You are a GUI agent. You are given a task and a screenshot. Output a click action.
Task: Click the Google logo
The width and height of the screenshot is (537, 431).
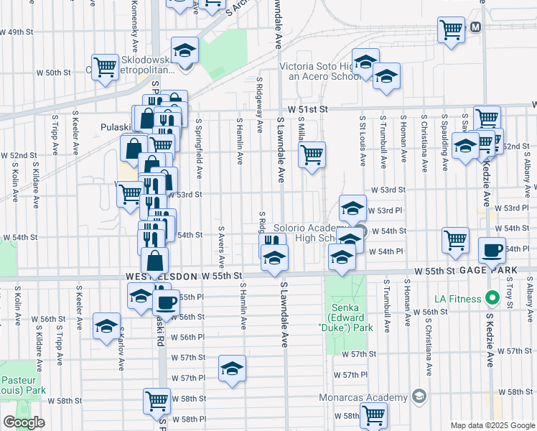pyautogui.click(x=24, y=422)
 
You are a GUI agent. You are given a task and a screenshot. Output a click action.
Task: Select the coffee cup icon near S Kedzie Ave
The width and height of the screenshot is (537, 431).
pyautogui.click(x=492, y=249)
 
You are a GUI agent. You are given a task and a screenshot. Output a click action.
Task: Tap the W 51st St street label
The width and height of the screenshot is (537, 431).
pyautogui.click(x=307, y=108)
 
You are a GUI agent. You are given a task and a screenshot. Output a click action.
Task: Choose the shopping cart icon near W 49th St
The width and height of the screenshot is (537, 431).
pyautogui.click(x=451, y=30)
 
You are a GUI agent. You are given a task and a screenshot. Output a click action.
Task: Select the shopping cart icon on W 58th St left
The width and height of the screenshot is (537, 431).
pyautogui.click(x=157, y=400)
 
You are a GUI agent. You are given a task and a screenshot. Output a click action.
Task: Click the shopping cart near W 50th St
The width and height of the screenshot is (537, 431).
pyautogui.click(x=105, y=67)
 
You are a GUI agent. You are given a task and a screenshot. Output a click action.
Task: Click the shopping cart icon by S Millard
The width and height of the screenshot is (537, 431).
pyautogui.click(x=312, y=154)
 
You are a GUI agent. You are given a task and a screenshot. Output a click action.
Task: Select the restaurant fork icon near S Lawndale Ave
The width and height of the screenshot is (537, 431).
pyautogui.click(x=271, y=242)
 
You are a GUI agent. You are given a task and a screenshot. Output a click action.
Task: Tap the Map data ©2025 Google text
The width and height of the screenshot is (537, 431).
pyautogui.click(x=492, y=425)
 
